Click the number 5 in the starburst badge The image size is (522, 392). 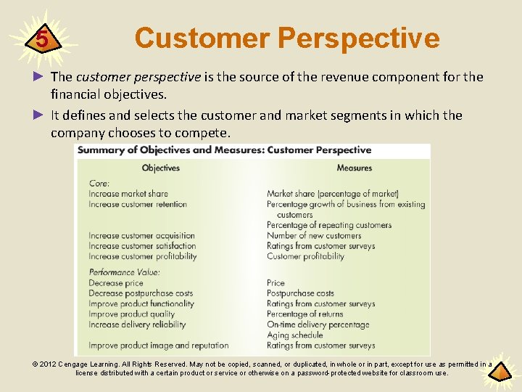pos(42,38)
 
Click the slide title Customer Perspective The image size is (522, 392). pos(287,38)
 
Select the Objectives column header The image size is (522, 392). pos(160,168)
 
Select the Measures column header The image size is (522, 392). pos(354,168)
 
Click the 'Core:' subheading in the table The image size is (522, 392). pos(99,184)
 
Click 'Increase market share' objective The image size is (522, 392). pos(128,194)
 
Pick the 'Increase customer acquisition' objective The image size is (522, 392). pos(142,235)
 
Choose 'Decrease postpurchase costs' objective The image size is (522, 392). pos(141,293)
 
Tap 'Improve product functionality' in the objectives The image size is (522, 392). pos(141,303)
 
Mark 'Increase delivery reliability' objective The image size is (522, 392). pos(137,324)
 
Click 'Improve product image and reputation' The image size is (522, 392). pos(159,346)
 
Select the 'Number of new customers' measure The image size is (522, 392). pos(314,235)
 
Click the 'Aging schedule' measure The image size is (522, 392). pos(294,335)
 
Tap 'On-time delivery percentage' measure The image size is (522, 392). pos(318,324)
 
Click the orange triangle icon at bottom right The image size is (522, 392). pos(501,372)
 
